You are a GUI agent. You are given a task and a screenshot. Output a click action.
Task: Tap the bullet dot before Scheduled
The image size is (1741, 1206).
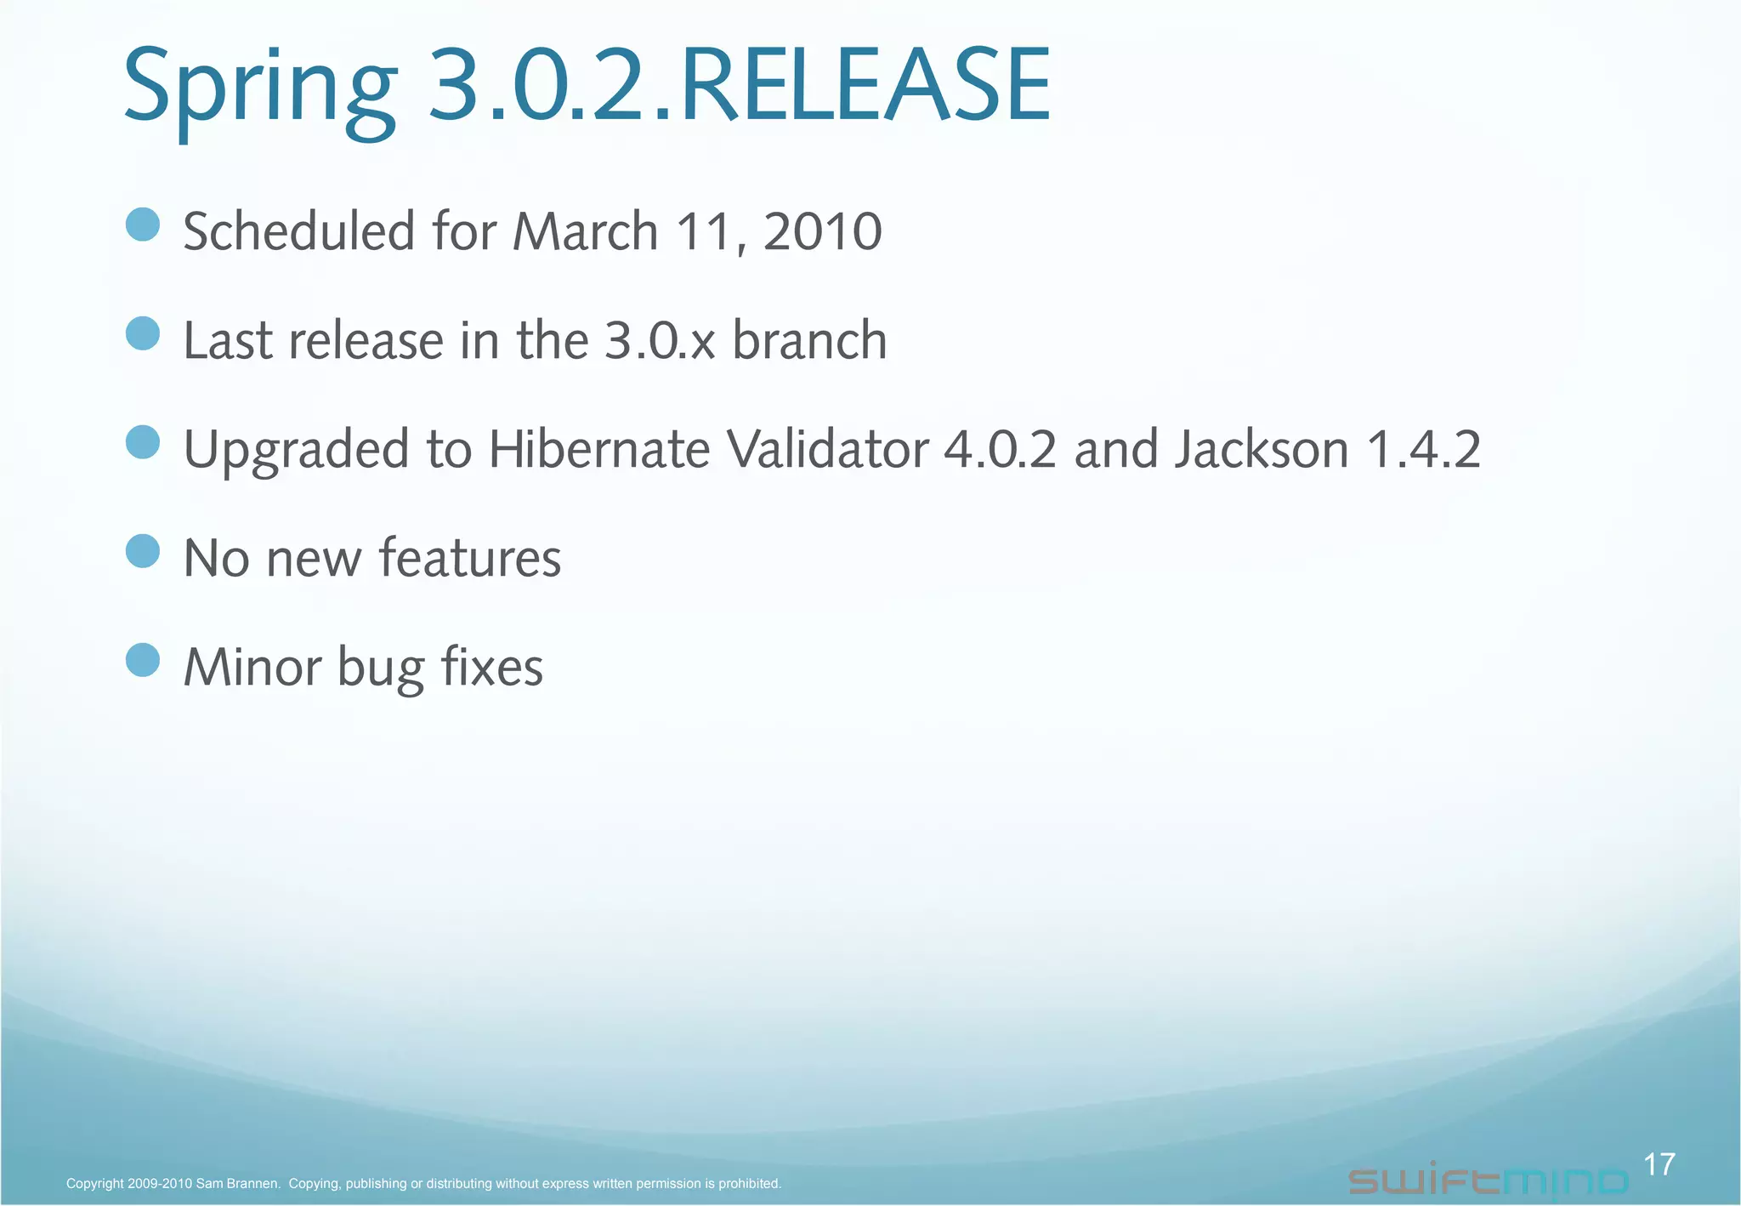pyautogui.click(x=143, y=225)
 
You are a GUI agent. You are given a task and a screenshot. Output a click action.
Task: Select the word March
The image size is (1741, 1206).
pyautogui.click(x=586, y=231)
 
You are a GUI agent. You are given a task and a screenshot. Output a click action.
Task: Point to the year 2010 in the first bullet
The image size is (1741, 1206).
pyautogui.click(x=822, y=231)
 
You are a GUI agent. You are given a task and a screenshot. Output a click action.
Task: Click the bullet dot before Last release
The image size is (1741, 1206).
pyautogui.click(x=143, y=333)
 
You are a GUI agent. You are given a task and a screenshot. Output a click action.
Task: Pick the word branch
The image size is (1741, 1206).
pyautogui.click(x=809, y=340)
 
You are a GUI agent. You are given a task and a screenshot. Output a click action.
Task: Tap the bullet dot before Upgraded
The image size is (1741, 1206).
pyautogui.click(x=143, y=442)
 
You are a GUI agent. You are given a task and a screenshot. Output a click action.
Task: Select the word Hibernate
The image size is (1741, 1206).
pyautogui.click(x=598, y=449)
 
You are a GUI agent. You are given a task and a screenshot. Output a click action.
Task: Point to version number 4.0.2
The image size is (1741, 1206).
pyautogui.click(x=1001, y=449)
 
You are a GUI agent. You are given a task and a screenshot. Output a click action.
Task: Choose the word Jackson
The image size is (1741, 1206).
pyautogui.click(x=1262, y=449)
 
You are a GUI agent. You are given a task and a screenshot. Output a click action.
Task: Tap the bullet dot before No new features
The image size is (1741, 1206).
pyautogui.click(x=143, y=551)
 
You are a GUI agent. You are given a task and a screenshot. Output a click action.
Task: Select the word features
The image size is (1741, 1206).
pyautogui.click(x=470, y=558)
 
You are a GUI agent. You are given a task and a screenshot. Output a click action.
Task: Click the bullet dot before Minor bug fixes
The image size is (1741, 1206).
pyautogui.click(x=143, y=660)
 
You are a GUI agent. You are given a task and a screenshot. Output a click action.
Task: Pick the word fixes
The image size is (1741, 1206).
pyautogui.click(x=492, y=667)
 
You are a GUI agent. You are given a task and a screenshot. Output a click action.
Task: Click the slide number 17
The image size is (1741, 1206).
pyautogui.click(x=1659, y=1164)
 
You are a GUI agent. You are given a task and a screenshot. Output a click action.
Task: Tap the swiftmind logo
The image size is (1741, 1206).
pyautogui.click(x=1488, y=1181)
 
